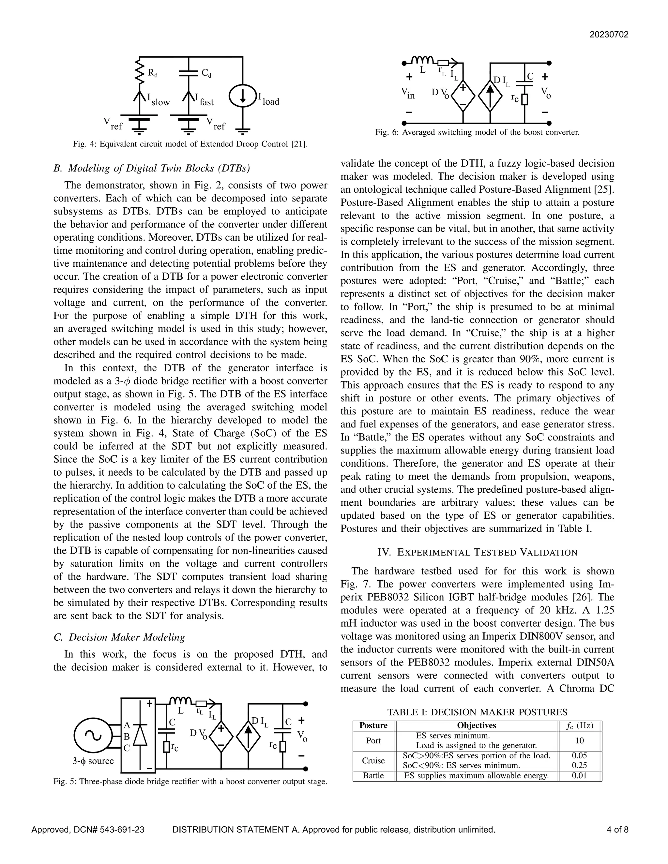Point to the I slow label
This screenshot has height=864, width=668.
(x=158, y=100)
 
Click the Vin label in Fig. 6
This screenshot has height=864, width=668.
(x=408, y=93)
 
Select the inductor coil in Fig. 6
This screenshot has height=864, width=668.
(x=423, y=60)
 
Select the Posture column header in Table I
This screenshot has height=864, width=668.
(x=373, y=725)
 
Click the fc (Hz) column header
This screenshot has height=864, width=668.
(x=579, y=725)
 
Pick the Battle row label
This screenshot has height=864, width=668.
(x=373, y=776)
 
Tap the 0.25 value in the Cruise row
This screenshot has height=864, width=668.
(x=579, y=766)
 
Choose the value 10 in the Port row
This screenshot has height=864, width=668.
(x=579, y=740)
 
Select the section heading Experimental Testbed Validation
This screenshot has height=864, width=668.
(x=477, y=552)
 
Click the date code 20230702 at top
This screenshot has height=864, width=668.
(x=609, y=35)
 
